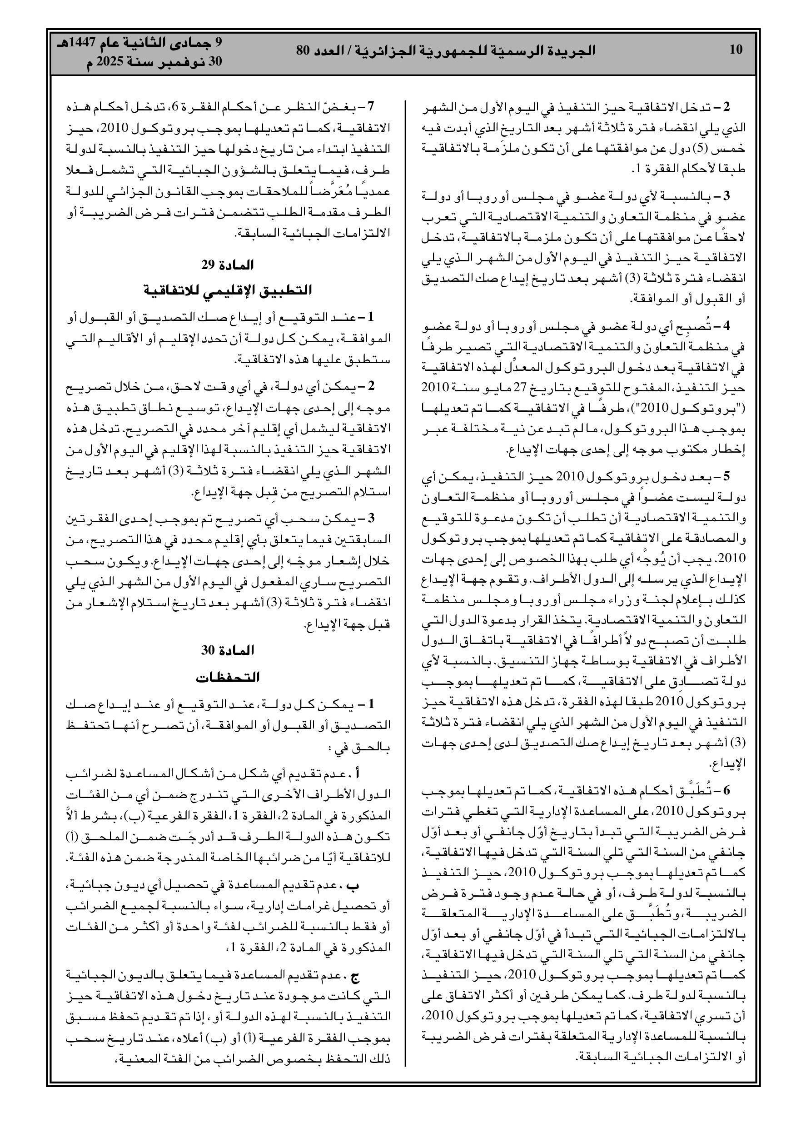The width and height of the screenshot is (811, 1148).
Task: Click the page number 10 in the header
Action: [x=736, y=50]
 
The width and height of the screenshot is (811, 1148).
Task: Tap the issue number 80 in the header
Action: [x=303, y=50]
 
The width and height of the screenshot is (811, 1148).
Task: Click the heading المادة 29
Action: [x=228, y=265]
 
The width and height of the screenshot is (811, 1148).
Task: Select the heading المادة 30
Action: [x=228, y=650]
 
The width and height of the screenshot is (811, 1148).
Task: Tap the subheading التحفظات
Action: [x=228, y=678]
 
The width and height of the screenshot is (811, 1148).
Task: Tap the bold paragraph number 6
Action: [x=726, y=790]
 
